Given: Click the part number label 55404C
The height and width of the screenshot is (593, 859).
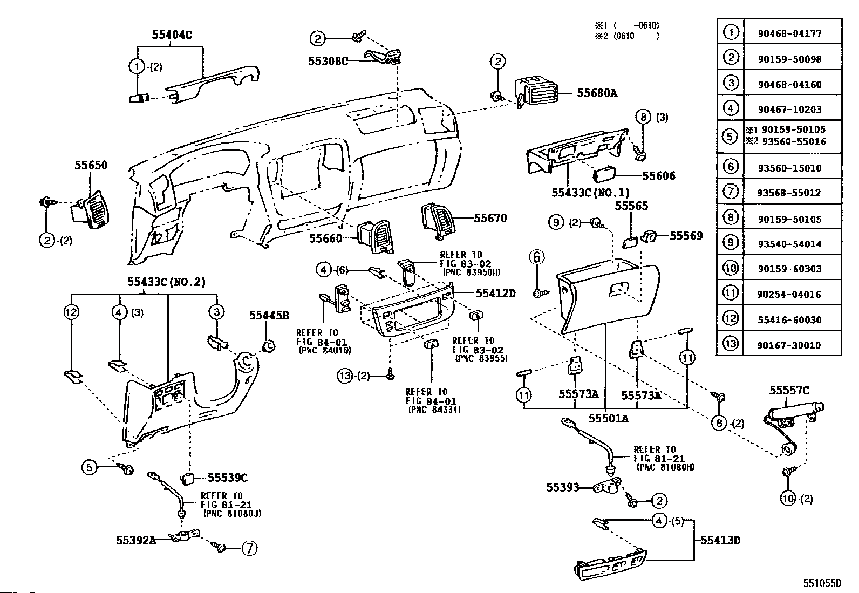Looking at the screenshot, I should click(x=172, y=35).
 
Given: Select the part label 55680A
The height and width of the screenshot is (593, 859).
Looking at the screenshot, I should click(x=596, y=93).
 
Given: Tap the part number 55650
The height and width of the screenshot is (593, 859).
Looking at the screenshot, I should click(x=91, y=165).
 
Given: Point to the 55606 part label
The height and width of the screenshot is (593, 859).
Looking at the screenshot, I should click(x=658, y=176).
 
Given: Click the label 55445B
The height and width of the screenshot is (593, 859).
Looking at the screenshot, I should click(x=269, y=316).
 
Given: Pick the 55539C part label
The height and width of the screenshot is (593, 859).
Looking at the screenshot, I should click(x=228, y=478).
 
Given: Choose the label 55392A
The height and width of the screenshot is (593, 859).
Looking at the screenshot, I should click(x=136, y=539).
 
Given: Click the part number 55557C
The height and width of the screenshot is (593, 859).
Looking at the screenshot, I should click(x=789, y=391).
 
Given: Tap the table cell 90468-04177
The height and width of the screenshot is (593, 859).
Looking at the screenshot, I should click(x=792, y=33).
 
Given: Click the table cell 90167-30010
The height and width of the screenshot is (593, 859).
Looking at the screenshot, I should click(x=792, y=345).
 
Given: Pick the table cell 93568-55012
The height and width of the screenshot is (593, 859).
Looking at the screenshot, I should click(x=792, y=193).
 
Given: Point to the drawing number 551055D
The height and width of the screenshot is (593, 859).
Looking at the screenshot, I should click(x=822, y=583).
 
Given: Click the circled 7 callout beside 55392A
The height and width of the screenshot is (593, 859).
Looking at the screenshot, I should click(x=249, y=548).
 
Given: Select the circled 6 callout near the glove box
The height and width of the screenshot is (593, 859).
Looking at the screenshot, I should click(x=537, y=257).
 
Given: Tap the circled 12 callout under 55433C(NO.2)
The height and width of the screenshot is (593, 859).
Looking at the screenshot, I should click(x=71, y=312).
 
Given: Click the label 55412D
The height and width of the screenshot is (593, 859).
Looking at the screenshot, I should click(x=495, y=293).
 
